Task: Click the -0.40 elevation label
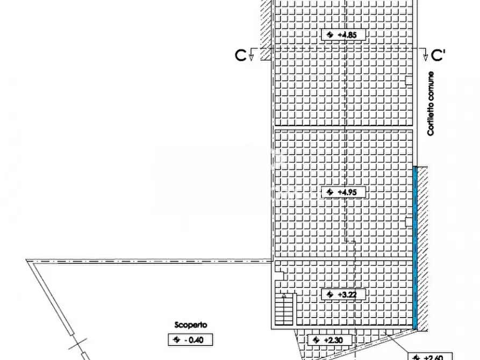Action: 190,340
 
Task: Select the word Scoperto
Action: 190,325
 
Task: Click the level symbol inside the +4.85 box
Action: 329,35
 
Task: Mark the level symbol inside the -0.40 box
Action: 175,340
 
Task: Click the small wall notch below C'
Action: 409,81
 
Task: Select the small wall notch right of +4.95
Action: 409,220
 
